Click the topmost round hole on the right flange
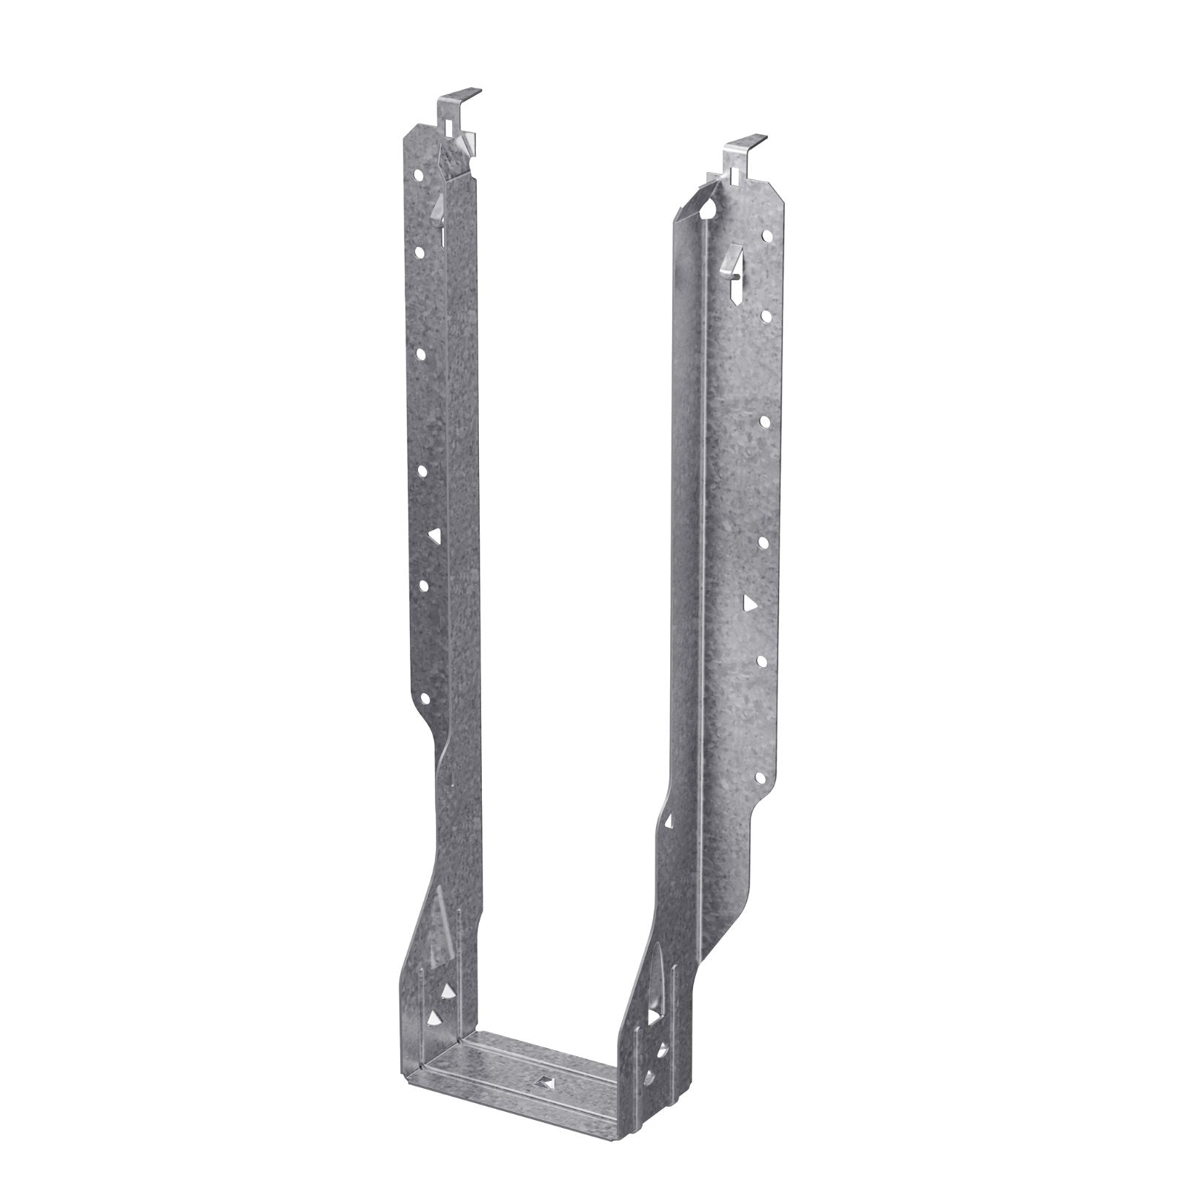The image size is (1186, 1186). pyautogui.click(x=768, y=238)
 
